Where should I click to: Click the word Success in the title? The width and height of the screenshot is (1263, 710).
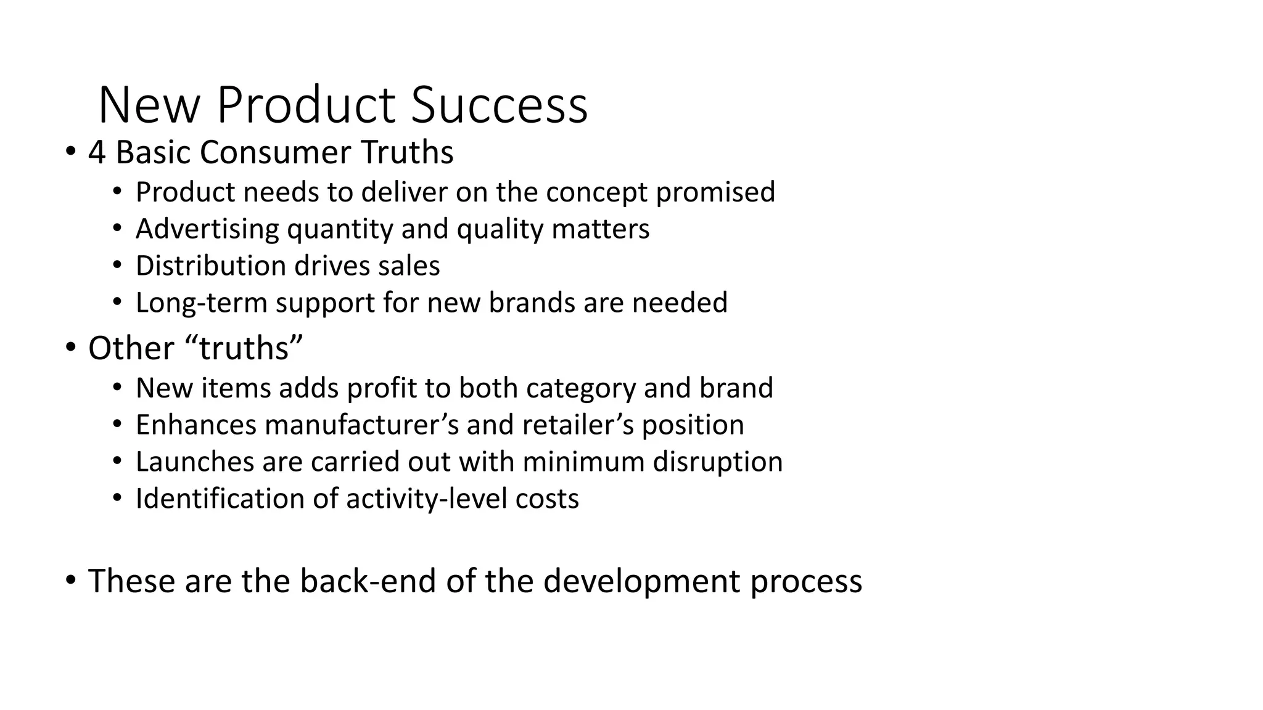(x=499, y=105)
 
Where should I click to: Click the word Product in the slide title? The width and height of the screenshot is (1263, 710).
(x=306, y=105)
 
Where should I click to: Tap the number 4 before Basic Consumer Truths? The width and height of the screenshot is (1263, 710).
(x=97, y=152)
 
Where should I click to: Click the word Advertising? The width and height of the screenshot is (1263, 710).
(x=207, y=229)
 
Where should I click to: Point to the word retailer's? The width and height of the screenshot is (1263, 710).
(x=578, y=425)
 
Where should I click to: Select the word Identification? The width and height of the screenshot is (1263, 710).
(x=220, y=499)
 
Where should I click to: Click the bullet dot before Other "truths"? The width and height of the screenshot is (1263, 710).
(x=71, y=348)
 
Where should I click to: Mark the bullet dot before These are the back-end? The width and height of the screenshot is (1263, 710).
(x=71, y=581)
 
